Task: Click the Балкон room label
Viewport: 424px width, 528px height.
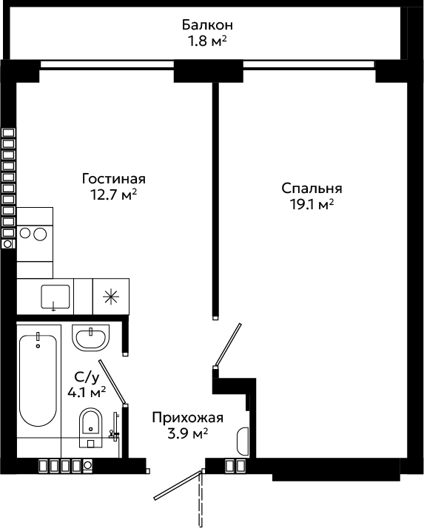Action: click(207, 25)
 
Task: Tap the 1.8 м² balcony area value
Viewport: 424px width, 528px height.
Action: click(207, 41)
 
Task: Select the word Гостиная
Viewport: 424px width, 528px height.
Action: click(114, 178)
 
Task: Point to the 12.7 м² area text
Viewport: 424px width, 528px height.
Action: click(114, 194)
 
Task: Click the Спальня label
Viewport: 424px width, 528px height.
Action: click(312, 189)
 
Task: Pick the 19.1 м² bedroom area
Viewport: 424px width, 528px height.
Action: click(312, 204)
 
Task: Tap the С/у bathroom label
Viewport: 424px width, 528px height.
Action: click(87, 377)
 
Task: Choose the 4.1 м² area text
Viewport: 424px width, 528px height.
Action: click(87, 392)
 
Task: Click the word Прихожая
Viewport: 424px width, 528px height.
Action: click(188, 418)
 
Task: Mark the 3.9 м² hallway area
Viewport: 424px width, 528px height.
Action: click(188, 434)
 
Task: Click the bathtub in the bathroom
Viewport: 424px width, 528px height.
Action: click(38, 381)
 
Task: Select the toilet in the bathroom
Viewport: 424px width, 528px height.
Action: click(91, 427)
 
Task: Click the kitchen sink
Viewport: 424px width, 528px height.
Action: click(55, 297)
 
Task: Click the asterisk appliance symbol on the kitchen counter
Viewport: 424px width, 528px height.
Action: click(111, 297)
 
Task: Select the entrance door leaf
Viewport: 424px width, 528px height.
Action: click(178, 485)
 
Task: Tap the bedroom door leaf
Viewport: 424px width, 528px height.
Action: click(228, 345)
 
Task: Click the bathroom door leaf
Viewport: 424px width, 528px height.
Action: click(112, 382)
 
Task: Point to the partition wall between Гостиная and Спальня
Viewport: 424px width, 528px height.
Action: click(215, 200)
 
